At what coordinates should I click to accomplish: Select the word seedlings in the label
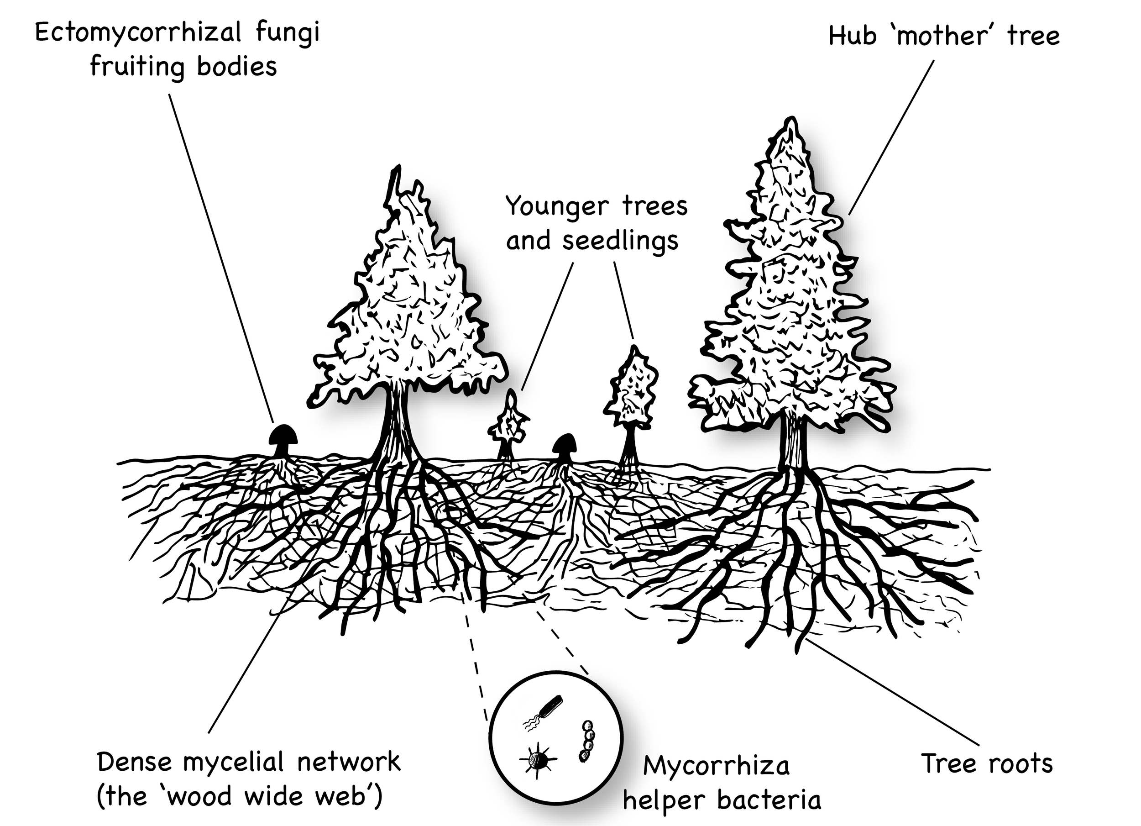(x=620, y=241)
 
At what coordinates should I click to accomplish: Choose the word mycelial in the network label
(x=236, y=762)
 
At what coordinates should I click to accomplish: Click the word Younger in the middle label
(x=557, y=206)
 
